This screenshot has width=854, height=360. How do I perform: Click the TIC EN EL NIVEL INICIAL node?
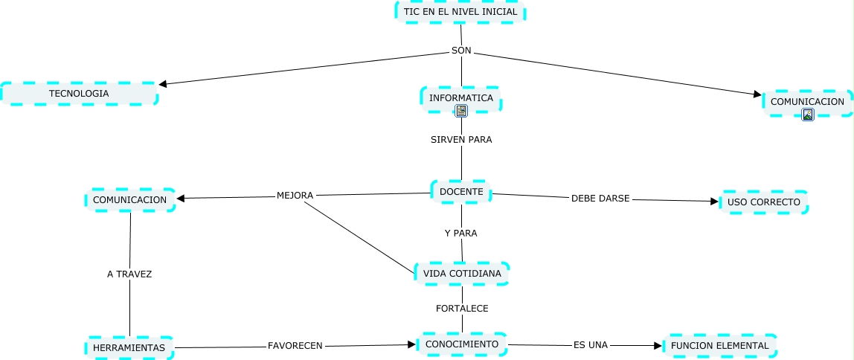[460, 12]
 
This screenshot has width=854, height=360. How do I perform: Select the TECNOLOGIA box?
[79, 94]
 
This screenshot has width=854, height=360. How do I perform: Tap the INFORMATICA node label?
[461, 97]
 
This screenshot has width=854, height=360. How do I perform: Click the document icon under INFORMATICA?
[461, 111]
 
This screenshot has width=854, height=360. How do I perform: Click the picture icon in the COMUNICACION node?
[808, 114]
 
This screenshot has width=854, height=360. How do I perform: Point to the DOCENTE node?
[461, 192]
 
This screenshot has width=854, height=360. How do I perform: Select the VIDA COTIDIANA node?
[462, 274]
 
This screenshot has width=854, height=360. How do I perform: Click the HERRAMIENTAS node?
[129, 347]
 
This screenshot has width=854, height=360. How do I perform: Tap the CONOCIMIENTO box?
[462, 344]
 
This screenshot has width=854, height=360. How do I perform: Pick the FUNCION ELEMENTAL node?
[719, 345]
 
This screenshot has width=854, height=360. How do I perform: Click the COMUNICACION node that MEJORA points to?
[130, 199]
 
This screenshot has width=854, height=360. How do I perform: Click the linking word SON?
[461, 51]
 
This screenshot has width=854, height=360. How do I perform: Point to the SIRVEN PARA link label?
[461, 139]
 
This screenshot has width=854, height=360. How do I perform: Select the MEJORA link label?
[295, 196]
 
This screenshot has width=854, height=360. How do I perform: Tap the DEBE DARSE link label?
[600, 199]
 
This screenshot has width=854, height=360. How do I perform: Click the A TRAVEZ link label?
[129, 274]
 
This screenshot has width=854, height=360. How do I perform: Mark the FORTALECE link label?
[462, 308]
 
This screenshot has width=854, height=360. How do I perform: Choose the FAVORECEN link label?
[295, 346]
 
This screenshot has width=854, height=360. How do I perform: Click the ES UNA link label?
[591, 345]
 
